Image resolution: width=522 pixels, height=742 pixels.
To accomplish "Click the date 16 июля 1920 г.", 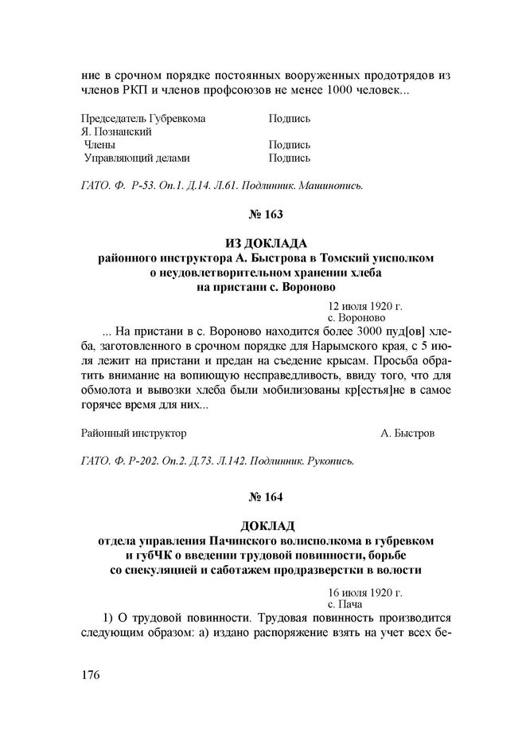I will [x=364, y=592].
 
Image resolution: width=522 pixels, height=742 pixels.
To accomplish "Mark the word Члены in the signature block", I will [x=99, y=145].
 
